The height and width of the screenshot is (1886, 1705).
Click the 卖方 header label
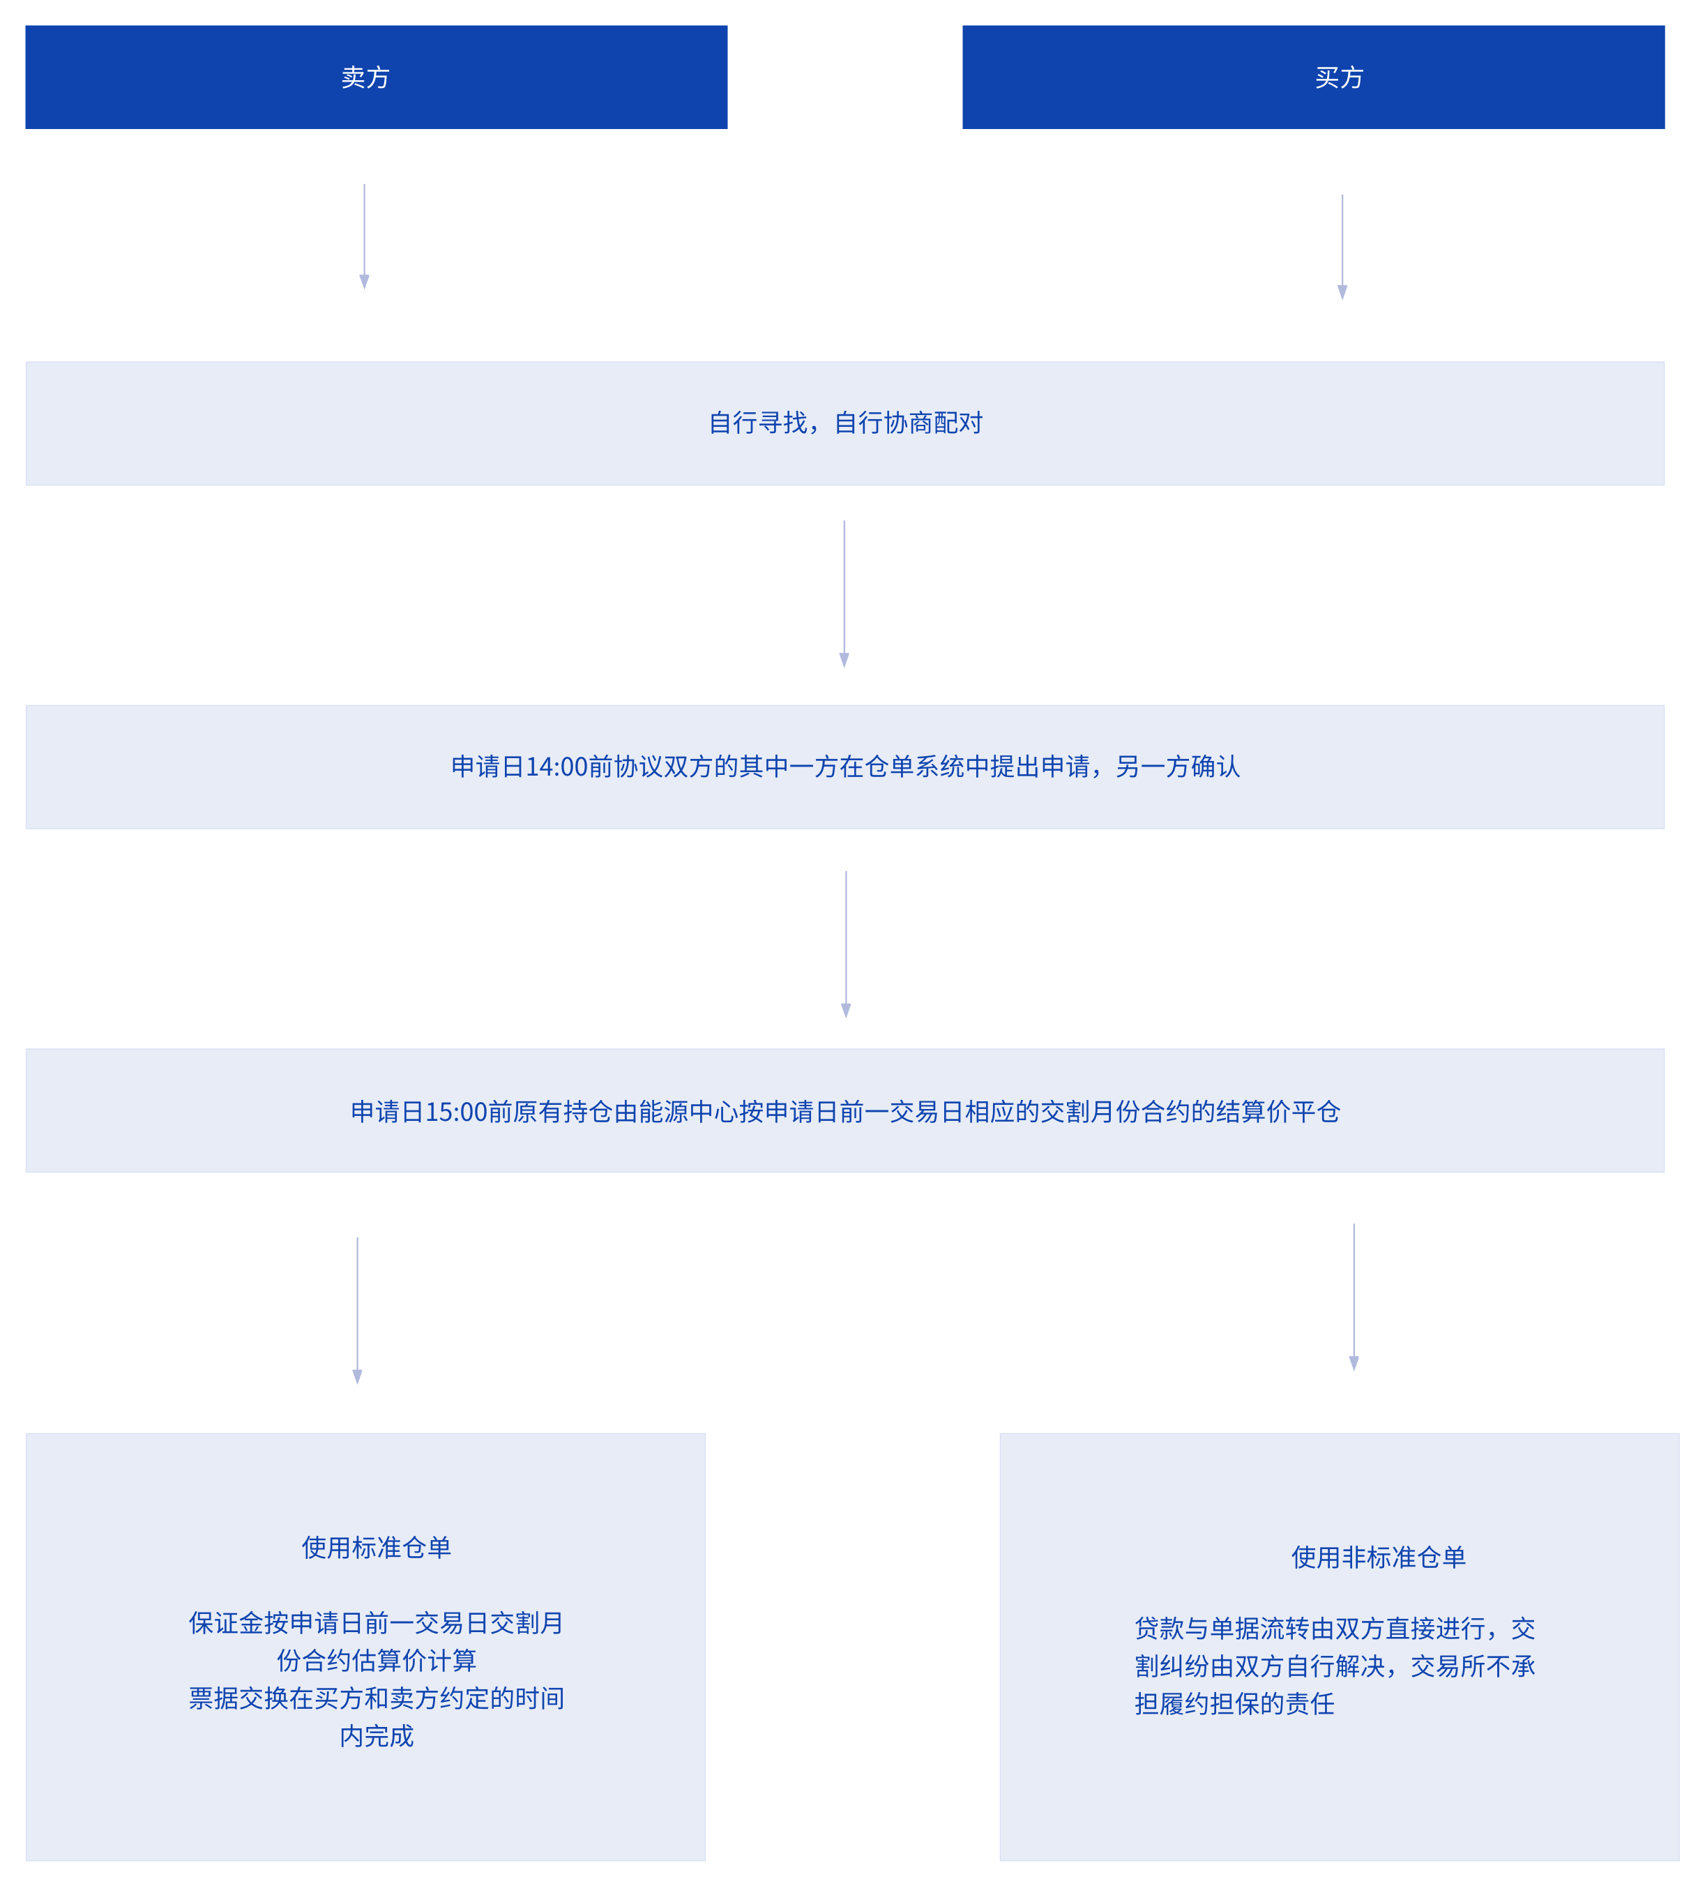(x=365, y=77)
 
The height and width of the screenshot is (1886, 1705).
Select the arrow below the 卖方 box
(x=364, y=236)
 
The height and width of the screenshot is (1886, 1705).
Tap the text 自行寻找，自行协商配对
(x=844, y=423)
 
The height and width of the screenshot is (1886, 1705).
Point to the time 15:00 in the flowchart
(x=457, y=1111)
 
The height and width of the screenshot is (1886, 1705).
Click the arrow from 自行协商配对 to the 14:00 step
(x=844, y=594)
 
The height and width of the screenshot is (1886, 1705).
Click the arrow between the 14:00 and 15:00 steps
(x=845, y=944)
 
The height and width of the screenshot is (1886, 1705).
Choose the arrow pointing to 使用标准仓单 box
(x=356, y=1310)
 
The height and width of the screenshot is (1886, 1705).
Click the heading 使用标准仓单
(x=376, y=1547)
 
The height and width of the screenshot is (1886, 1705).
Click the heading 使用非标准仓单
(x=1378, y=1557)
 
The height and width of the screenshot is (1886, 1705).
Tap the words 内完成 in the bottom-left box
(x=376, y=1736)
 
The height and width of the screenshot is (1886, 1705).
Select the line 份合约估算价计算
(x=376, y=1661)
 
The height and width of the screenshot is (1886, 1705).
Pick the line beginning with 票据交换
(x=376, y=1698)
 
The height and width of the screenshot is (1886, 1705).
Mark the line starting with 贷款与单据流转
(x=1335, y=1628)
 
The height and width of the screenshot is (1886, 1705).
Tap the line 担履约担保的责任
(x=1234, y=1703)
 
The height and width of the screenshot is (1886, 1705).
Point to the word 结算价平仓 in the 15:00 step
(x=1278, y=1111)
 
